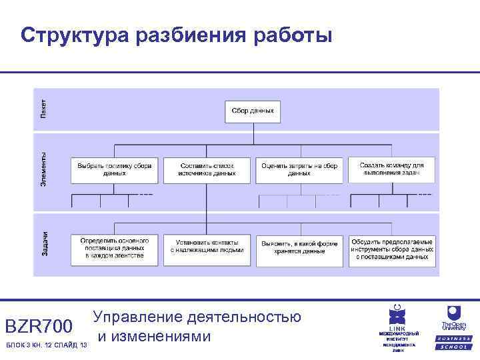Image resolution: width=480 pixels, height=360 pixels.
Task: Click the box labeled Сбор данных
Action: click(x=252, y=111)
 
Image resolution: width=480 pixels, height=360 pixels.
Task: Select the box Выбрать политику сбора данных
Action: click(x=115, y=169)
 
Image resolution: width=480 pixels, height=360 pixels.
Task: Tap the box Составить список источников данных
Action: click(x=207, y=169)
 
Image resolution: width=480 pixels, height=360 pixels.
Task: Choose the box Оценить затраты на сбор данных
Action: click(x=299, y=169)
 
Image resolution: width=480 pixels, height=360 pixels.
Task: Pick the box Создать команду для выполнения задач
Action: click(x=392, y=169)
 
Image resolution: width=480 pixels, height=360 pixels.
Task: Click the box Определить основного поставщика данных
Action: click(x=115, y=248)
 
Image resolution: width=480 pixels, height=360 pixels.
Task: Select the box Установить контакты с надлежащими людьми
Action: click(x=207, y=248)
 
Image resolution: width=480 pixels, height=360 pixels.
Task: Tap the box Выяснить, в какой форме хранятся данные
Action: click(x=299, y=248)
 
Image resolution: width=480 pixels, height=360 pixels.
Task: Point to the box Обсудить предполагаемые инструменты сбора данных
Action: click(x=392, y=248)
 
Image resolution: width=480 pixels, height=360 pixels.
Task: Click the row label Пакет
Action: click(x=43, y=109)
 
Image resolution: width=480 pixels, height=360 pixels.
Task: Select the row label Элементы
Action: click(x=43, y=169)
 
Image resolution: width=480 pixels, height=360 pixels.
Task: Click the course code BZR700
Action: click(x=38, y=327)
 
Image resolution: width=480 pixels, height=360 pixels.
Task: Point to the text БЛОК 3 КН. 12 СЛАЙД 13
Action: click(x=46, y=345)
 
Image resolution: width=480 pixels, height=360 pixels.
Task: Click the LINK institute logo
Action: click(x=398, y=327)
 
